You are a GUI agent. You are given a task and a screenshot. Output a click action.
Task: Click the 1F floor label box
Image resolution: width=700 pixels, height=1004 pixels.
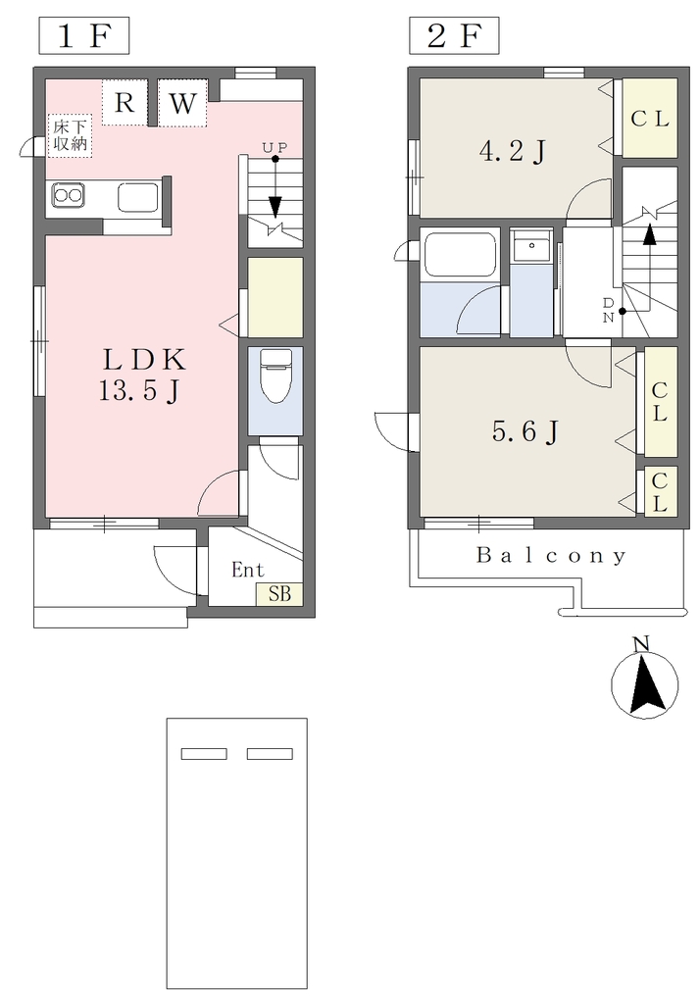click(84, 36)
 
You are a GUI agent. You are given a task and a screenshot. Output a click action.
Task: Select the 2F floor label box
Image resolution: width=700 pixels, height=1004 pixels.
click(454, 36)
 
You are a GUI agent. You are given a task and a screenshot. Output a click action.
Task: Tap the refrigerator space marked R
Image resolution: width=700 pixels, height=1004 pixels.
click(125, 102)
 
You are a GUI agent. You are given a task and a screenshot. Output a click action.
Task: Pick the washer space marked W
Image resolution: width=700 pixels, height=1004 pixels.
click(182, 102)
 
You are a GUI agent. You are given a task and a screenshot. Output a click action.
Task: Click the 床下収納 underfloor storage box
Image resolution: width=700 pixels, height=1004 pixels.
click(70, 135)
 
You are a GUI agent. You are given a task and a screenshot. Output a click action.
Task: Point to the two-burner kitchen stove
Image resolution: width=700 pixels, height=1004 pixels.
click(68, 195)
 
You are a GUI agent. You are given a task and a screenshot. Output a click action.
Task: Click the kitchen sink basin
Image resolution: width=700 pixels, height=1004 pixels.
click(137, 197)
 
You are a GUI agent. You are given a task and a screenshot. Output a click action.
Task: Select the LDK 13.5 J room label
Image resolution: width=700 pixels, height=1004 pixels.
click(142, 375)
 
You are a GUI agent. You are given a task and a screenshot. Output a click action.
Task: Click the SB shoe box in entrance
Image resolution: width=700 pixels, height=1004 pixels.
click(279, 594)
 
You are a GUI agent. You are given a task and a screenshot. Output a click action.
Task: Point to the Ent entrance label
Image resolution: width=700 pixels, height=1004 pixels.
click(247, 570)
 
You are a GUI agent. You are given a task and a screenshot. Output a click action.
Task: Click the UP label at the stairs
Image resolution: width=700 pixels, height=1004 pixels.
click(275, 147)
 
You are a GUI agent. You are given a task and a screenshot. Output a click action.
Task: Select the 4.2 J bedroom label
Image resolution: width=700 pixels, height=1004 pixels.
click(513, 151)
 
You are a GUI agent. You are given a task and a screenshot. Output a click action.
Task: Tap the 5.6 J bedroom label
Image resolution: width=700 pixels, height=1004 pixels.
click(525, 431)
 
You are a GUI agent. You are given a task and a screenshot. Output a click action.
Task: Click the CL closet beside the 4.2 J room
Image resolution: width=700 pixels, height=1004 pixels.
click(649, 118)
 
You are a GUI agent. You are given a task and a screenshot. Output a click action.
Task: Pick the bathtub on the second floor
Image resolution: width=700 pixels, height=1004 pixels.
click(459, 255)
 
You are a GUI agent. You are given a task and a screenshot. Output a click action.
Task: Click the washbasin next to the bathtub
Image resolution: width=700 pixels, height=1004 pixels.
click(531, 246)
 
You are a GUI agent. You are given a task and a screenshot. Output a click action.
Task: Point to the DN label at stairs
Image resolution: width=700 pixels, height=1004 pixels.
click(608, 310)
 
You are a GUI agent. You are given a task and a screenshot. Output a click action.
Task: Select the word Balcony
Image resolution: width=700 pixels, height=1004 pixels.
click(551, 556)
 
